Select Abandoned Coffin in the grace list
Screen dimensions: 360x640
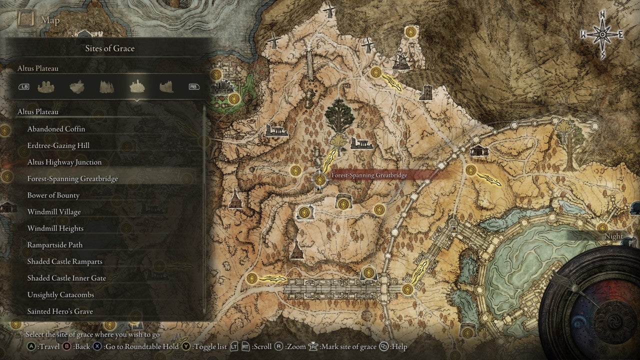point(56,129)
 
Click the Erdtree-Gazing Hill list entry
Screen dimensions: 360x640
point(58,145)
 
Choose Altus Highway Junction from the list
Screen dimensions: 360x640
point(64,162)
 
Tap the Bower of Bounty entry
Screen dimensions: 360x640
point(53,195)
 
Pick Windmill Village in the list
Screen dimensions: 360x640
point(53,211)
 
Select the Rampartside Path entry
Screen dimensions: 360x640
point(54,245)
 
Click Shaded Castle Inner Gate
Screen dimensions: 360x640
point(66,278)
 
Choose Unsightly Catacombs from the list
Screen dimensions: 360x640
point(60,294)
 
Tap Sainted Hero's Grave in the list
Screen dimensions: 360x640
point(60,311)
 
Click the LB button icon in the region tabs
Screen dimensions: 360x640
point(24,86)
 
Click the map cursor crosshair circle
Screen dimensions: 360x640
point(320,179)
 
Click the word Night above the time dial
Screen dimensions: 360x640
point(613,236)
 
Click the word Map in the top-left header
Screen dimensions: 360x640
point(50,20)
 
